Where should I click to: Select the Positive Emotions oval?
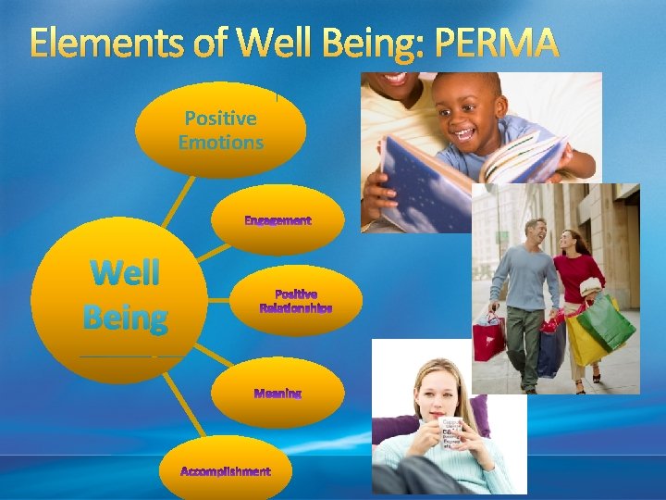pos(220,130)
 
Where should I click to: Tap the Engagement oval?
pos(277,220)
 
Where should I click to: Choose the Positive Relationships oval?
pos(295,301)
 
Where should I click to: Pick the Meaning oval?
pos(277,393)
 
